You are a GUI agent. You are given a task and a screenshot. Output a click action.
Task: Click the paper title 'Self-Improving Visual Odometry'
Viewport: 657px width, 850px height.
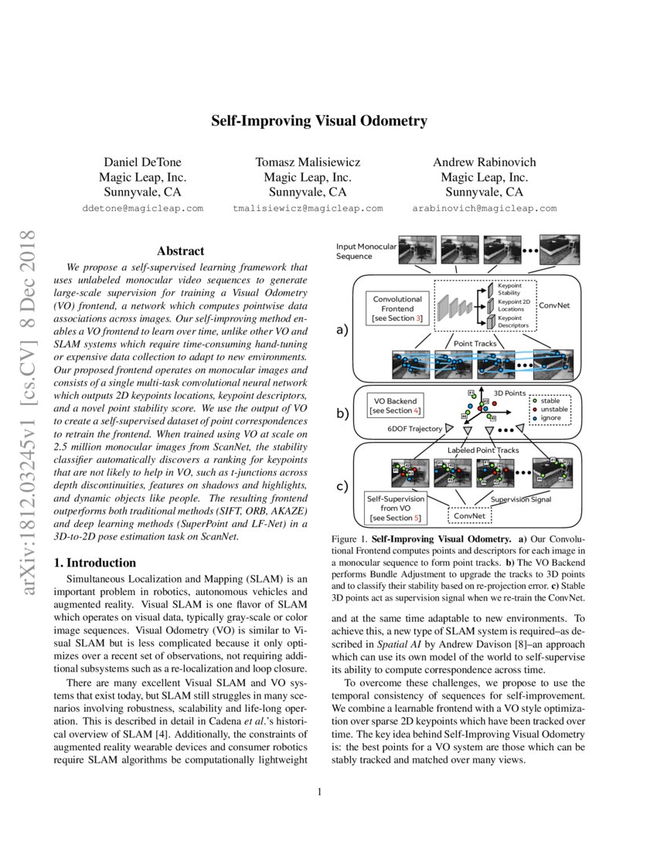coord(319,121)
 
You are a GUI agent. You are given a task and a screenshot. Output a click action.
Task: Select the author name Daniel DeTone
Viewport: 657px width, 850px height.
coord(145,162)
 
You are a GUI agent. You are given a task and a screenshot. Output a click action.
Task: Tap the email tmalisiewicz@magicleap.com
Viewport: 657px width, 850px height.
coord(308,209)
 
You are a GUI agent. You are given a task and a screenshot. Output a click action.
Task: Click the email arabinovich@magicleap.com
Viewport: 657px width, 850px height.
coord(484,209)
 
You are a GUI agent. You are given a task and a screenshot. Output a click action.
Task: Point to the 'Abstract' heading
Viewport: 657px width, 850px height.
coord(180,251)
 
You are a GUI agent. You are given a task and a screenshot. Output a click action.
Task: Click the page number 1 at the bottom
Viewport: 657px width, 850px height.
coord(319,791)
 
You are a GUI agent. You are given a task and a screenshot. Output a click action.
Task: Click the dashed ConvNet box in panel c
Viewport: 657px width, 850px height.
coord(470,513)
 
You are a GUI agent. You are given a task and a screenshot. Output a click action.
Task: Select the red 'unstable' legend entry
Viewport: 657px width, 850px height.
coord(551,410)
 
